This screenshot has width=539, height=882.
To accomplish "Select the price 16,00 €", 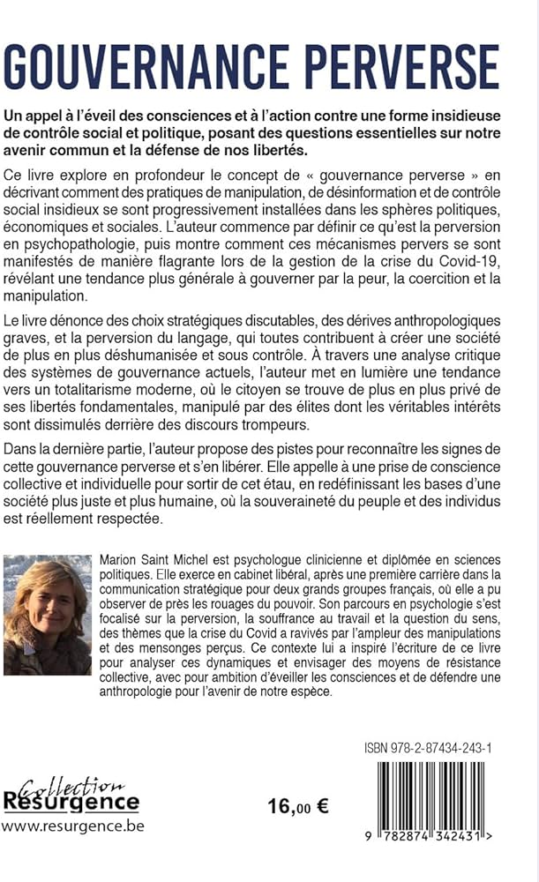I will click(x=297, y=807).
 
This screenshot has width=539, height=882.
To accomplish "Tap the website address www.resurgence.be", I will click(x=72, y=826).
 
